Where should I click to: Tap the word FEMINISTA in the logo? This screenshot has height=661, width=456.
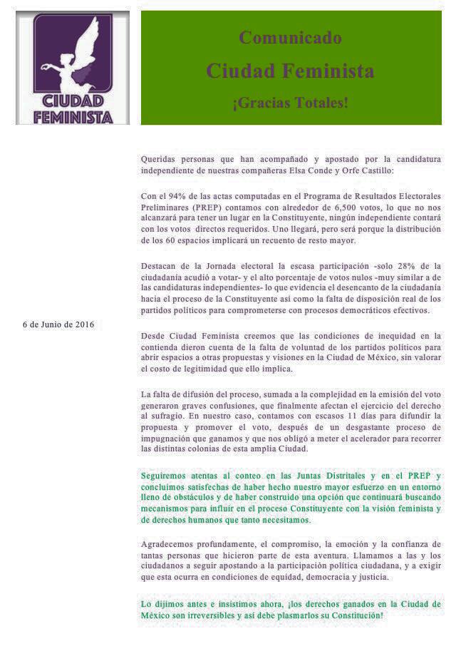pyautogui.click(x=73, y=116)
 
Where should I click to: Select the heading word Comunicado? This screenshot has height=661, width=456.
pyautogui.click(x=290, y=38)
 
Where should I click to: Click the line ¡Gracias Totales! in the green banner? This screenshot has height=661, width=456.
pyautogui.click(x=290, y=102)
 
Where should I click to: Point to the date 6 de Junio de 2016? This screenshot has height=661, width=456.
pyautogui.click(x=58, y=324)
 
